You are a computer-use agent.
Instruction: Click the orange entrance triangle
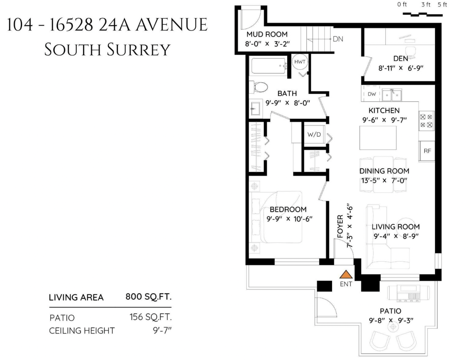pos(346,274)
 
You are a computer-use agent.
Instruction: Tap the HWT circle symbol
pos(300,62)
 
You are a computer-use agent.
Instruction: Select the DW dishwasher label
pos(372,94)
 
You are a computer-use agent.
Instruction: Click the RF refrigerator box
pos(426,151)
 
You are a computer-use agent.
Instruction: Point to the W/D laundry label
pos(314,135)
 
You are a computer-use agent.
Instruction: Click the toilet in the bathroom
pos(258,87)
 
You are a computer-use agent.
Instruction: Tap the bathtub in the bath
pos(269,66)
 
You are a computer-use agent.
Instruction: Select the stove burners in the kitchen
pos(426,121)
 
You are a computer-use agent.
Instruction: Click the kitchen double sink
pos(392,95)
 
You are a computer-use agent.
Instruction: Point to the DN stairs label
pos(338,39)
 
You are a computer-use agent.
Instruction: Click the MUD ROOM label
pos(267,34)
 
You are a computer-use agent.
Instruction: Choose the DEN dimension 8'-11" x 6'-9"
pos(401,68)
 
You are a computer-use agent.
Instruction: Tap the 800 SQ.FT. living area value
pos(148,297)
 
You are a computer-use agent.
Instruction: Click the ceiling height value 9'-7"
pos(162,330)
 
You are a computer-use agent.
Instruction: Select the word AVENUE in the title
pos(171,24)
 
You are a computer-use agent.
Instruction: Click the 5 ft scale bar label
pos(442,4)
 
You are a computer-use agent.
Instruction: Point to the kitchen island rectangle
pos(378,138)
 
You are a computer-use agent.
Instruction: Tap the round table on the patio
pos(393,327)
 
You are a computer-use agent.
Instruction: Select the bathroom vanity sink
pos(255,109)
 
